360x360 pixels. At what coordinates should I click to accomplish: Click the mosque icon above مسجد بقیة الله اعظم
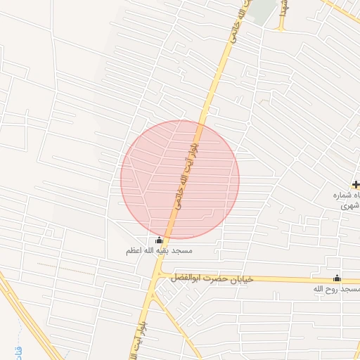tap(159, 240)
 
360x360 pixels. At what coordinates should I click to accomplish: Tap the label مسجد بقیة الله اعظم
tap(159, 250)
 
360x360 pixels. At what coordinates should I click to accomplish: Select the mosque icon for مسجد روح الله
tap(337, 278)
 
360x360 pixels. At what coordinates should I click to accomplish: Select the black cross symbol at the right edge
tap(356, 184)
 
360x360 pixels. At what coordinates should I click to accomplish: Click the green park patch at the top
tap(262, 11)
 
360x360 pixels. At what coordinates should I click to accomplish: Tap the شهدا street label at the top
tap(283, 8)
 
